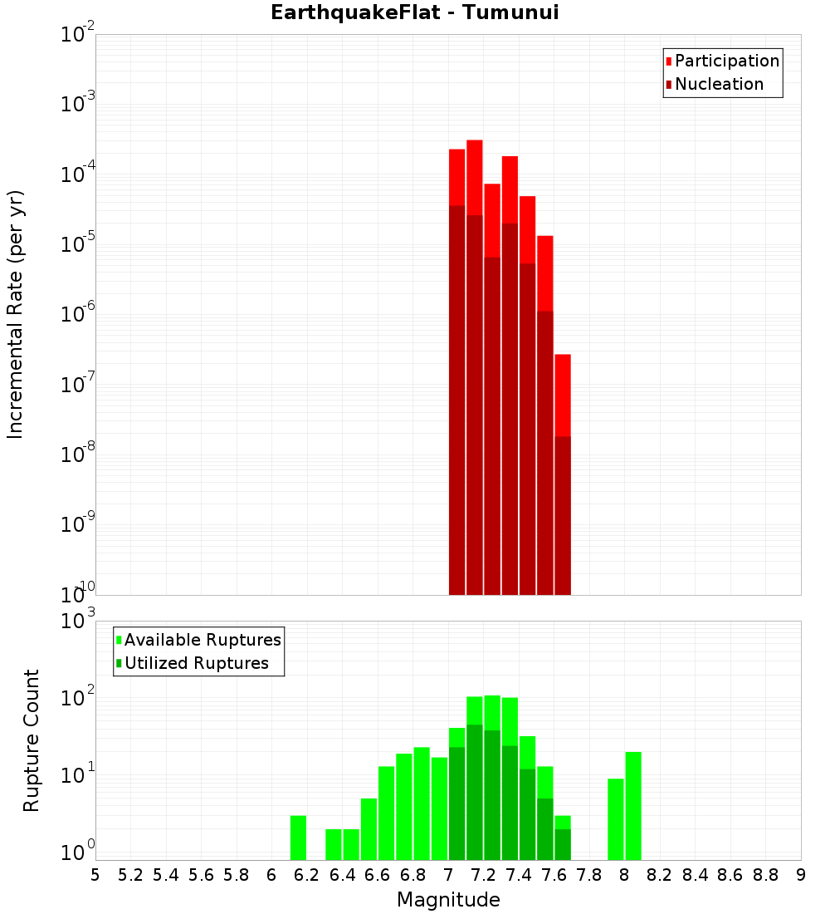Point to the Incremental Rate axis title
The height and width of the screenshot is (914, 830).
pyautogui.click(x=16, y=314)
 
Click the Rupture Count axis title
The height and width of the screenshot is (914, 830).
pyautogui.click(x=32, y=740)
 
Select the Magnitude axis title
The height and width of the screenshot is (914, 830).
pyautogui.click(x=448, y=899)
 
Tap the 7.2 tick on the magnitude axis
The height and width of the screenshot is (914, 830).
pyautogui.click(x=484, y=874)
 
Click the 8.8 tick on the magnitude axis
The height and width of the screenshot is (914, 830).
pyautogui.click(x=765, y=874)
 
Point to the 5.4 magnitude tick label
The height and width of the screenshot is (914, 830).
pyautogui.click(x=166, y=874)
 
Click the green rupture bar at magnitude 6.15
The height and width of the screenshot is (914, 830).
pyautogui.click(x=298, y=838)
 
